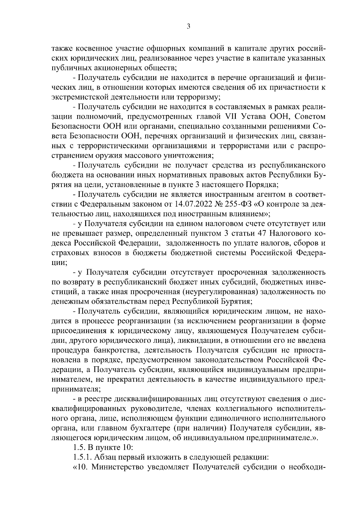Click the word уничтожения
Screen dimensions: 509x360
188,155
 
